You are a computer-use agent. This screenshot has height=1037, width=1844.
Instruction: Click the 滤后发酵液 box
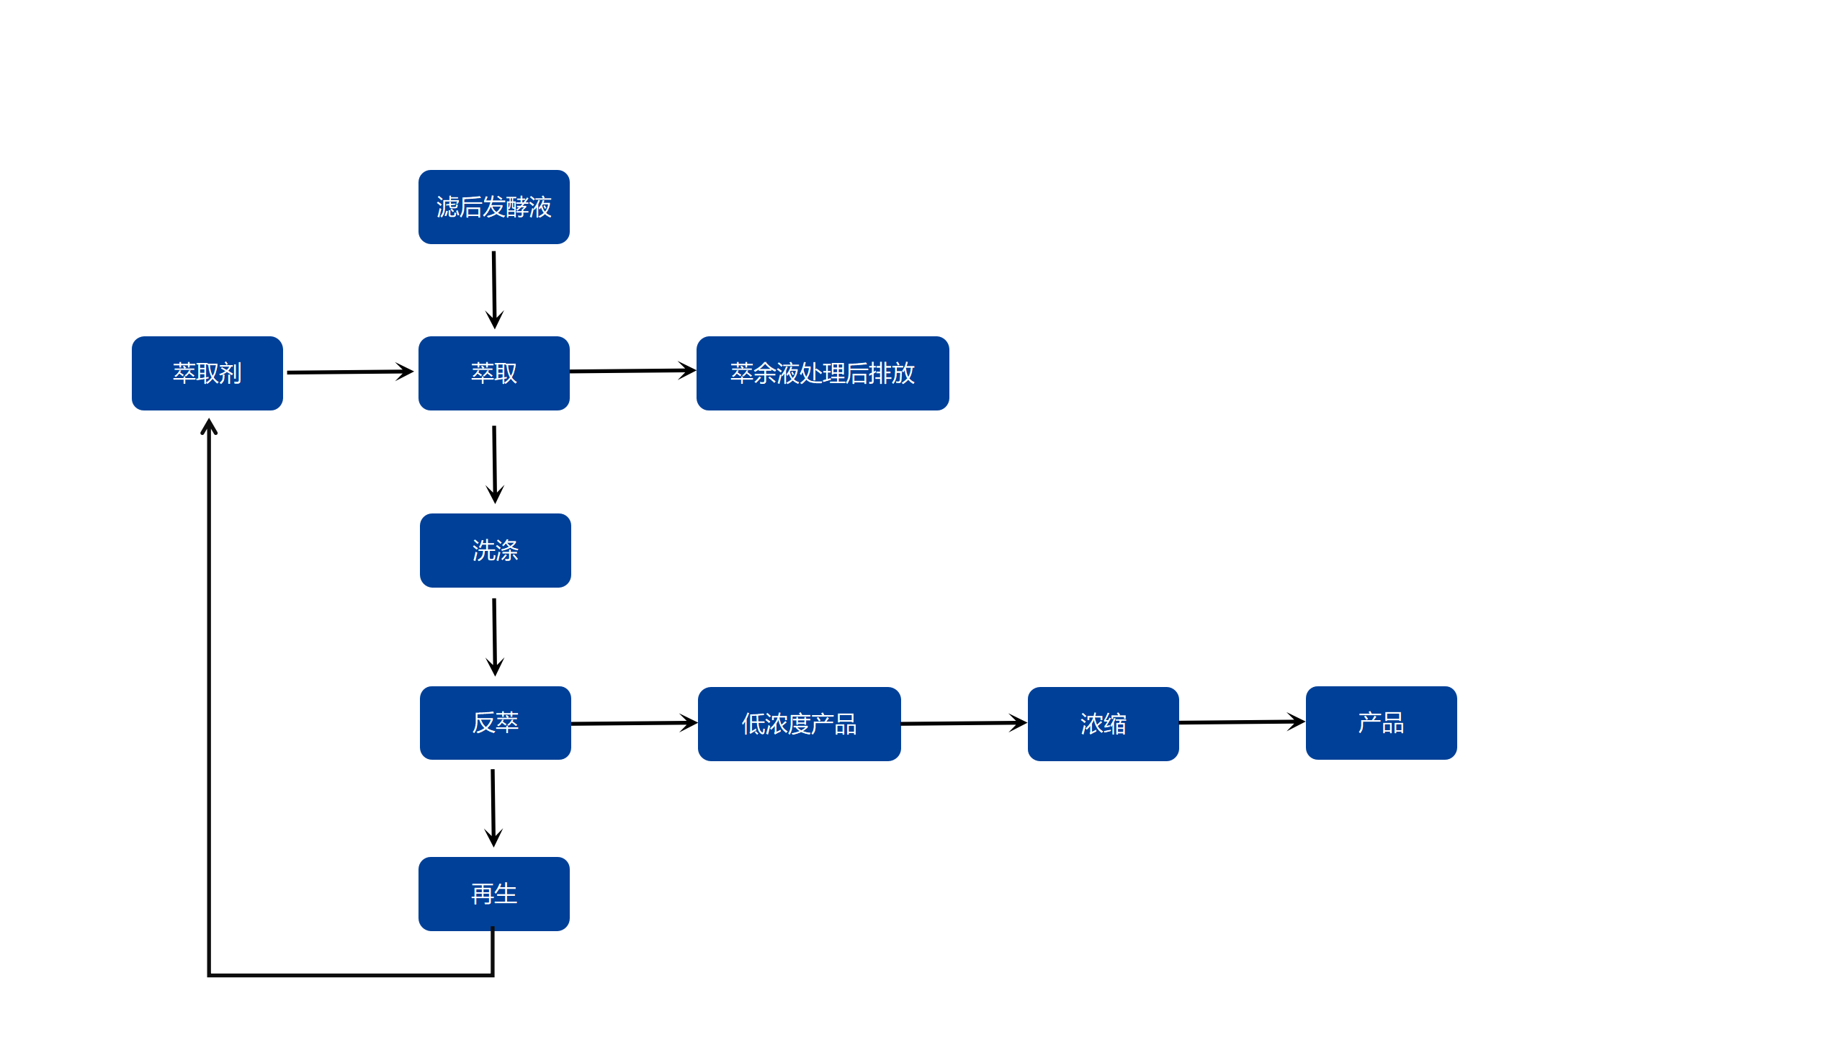[x=493, y=207]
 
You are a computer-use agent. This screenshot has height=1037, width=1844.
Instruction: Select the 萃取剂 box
[x=207, y=373]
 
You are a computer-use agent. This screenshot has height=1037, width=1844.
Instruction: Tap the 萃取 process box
[x=493, y=373]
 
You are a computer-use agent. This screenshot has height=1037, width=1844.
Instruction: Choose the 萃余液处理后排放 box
[x=822, y=373]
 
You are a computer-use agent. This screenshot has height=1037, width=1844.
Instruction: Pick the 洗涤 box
[x=495, y=550]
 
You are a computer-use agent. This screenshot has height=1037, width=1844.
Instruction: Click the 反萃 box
[x=495, y=722]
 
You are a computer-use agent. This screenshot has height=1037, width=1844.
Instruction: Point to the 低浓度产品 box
[x=799, y=724]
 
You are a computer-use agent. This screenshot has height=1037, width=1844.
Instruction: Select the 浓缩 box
[x=1103, y=724]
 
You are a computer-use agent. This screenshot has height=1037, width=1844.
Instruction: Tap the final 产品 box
[x=1381, y=722]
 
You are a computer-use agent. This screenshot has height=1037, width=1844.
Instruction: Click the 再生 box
[x=493, y=894]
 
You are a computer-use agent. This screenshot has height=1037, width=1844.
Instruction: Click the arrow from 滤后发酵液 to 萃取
[x=494, y=289]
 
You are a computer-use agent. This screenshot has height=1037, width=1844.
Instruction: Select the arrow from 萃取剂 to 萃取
[x=349, y=372]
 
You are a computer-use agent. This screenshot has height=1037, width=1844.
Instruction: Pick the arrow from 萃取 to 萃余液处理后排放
[x=632, y=371]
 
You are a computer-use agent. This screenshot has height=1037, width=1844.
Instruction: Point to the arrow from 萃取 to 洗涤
[x=494, y=464]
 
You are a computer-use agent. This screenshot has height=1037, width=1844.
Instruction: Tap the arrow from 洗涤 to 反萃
[x=494, y=637]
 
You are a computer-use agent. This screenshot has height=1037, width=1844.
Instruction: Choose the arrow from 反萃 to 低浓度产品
[x=633, y=723]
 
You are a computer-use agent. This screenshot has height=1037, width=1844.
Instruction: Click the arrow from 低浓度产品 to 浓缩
[x=963, y=723]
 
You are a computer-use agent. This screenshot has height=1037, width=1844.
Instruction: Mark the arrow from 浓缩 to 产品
[x=1241, y=722]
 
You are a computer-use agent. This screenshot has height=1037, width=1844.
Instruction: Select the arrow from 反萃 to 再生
[x=493, y=807]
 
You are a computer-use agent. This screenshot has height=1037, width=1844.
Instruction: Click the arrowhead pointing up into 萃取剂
[x=209, y=426]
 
